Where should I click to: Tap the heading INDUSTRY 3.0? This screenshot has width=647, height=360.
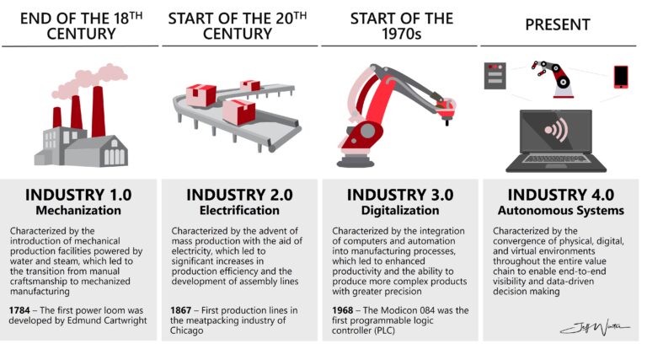pos(400,195)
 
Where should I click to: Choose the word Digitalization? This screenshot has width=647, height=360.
pos(400,211)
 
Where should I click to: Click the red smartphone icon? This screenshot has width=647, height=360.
pos(622,77)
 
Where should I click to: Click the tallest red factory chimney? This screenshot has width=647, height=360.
pos(98,110)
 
